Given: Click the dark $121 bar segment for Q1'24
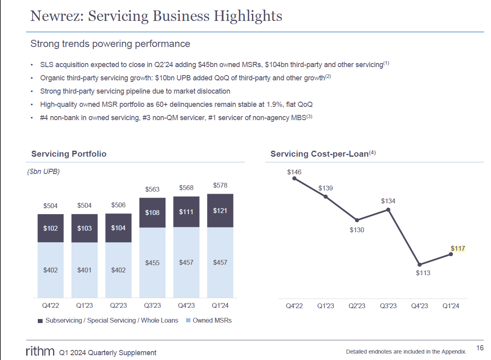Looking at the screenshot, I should (x=220, y=211).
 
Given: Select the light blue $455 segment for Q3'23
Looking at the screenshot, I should (x=152, y=263).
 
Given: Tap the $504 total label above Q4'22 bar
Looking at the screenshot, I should (x=51, y=206).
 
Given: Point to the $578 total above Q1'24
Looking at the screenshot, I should (x=220, y=186).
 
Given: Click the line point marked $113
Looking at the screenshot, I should (x=419, y=264).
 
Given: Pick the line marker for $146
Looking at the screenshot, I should (x=294, y=178).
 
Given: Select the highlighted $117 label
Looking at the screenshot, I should (x=458, y=249).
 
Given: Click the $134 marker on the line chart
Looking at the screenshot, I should (x=388, y=209).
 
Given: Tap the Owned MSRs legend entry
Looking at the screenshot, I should (x=209, y=320).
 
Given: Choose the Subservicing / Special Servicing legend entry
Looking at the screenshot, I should (x=108, y=320).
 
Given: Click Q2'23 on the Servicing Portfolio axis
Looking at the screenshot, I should (x=119, y=306).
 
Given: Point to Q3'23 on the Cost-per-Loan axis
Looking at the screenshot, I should (x=388, y=306).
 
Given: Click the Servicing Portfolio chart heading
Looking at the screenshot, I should (x=69, y=154).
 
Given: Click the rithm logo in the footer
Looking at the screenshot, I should (x=40, y=352).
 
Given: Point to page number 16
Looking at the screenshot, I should (x=479, y=348).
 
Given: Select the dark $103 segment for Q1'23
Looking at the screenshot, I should (x=84, y=228).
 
